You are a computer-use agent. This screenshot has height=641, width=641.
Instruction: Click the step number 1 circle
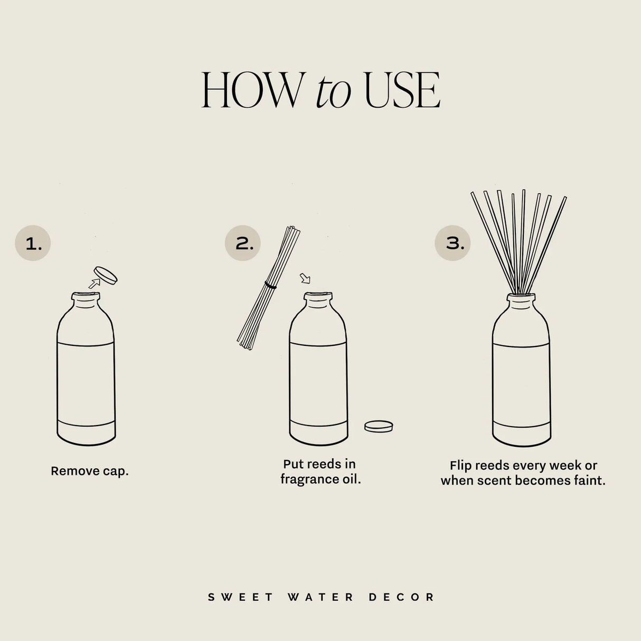click(x=33, y=244)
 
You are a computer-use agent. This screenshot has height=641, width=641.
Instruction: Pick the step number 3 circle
click(x=453, y=243)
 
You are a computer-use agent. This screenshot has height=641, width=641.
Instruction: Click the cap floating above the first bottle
click(x=105, y=275)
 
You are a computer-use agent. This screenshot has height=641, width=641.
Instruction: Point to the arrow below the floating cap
click(x=94, y=284)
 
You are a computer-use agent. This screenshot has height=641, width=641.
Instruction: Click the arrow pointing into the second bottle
click(x=306, y=278)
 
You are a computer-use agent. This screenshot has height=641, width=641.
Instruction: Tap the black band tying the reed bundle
click(x=270, y=285)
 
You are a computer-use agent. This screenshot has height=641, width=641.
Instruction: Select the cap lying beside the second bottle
click(x=379, y=426)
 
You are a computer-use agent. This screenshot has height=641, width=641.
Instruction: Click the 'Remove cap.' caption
click(x=89, y=471)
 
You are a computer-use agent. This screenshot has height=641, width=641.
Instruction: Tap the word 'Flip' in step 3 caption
click(x=460, y=466)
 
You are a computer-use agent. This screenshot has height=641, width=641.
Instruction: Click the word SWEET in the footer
click(x=241, y=597)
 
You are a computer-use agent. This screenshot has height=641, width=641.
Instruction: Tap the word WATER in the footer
click(x=321, y=597)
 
